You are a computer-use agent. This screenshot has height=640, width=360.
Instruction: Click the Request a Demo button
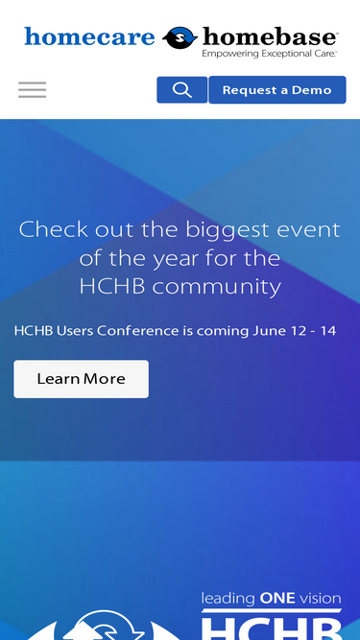(276, 90)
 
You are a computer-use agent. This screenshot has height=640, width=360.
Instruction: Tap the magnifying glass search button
(181, 90)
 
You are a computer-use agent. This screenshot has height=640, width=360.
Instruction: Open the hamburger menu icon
(32, 90)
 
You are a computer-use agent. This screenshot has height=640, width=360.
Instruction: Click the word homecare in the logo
(89, 37)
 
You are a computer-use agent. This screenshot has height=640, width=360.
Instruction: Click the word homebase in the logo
(269, 36)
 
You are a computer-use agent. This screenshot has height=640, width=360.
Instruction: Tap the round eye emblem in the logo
(179, 38)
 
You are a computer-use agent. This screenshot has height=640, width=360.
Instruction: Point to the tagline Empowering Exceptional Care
(269, 55)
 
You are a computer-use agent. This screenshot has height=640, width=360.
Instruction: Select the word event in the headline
(312, 230)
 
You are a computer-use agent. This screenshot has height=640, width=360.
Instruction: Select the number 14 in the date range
(327, 331)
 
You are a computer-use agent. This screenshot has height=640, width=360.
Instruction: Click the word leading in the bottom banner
(228, 598)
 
